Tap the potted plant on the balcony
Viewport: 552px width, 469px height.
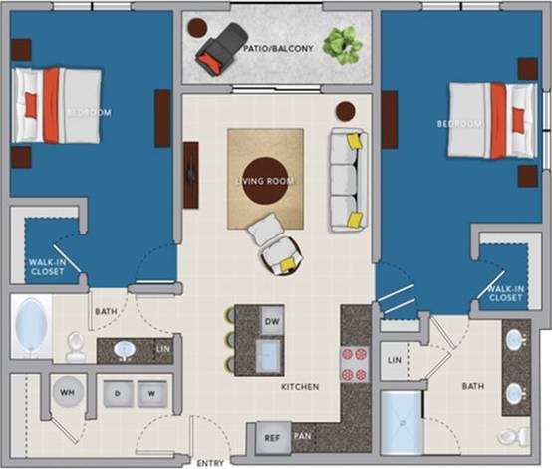(x=343, y=44)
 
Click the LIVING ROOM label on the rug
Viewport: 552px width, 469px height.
(x=265, y=180)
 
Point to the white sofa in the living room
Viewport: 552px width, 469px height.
(x=348, y=180)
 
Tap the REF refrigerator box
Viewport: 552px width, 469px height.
(x=271, y=437)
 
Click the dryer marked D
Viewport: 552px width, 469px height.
(x=118, y=393)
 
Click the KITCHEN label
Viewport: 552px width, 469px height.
(x=299, y=386)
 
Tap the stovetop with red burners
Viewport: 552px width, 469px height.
(x=355, y=363)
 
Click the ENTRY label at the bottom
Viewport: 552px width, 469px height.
(x=210, y=463)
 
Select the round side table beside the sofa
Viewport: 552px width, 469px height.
(x=346, y=110)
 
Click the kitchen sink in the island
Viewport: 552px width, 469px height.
(x=267, y=355)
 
